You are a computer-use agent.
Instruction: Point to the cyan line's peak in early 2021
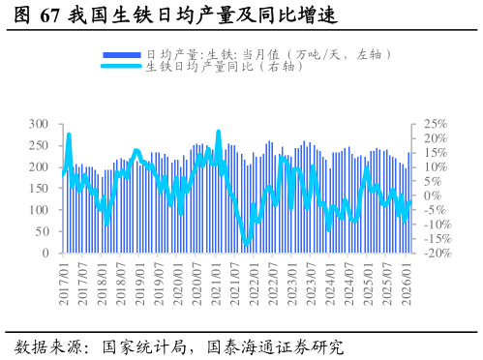[x=219, y=132]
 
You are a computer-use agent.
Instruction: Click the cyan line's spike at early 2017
[x=69, y=135]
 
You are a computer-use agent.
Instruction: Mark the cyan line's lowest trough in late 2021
[x=246, y=245]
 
